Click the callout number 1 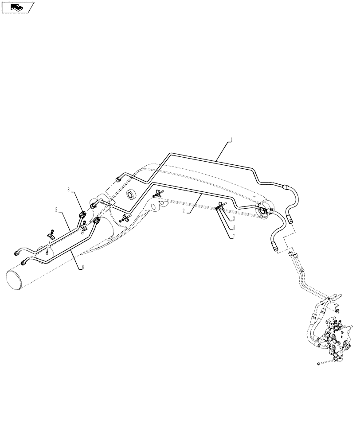point(231,141)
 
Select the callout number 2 point(184,212)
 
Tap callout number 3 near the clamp point(234,219)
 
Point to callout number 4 point(234,227)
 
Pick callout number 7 point(234,236)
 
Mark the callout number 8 point(68,190)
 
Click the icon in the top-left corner point(18,7)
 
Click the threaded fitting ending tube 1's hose point(290,218)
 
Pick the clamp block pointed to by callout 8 point(83,215)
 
